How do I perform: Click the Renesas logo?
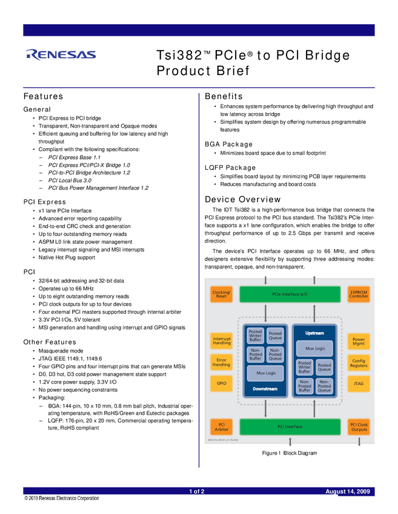[x=61, y=54]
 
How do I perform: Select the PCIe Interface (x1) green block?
[x=290, y=294]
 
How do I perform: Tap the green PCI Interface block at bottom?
[x=290, y=426]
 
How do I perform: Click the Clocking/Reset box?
[x=221, y=294]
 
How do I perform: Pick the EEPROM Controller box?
[x=358, y=294]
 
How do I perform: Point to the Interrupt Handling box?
[x=221, y=341]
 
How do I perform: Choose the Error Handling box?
[x=221, y=362]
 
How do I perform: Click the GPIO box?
[x=221, y=383]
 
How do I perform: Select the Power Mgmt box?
[x=358, y=341]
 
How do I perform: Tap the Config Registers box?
[x=358, y=362]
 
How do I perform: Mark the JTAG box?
[x=358, y=383]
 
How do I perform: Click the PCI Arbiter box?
[x=221, y=426]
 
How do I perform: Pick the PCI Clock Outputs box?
[x=358, y=426]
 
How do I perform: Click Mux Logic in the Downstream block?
[x=265, y=373]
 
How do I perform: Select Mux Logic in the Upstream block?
[x=314, y=348]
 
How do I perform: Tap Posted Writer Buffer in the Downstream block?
[x=256, y=336]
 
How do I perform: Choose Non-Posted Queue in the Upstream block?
[x=324, y=386]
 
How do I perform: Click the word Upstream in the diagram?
[x=314, y=333]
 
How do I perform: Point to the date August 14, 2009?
[x=348, y=492]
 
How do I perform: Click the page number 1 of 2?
[x=197, y=492]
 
